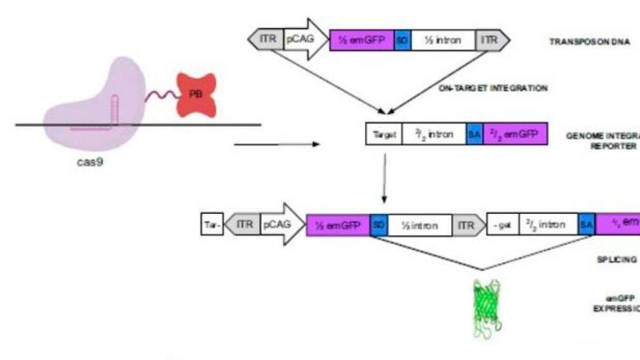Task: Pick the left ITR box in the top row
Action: point(266,41)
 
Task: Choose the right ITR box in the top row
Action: point(492,41)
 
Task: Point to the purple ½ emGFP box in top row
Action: point(362,41)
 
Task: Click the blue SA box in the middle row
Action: point(474,134)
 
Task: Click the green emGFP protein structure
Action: point(488,307)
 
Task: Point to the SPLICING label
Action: point(615,259)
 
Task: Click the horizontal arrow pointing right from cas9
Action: point(276,146)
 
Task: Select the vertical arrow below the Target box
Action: point(384,178)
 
